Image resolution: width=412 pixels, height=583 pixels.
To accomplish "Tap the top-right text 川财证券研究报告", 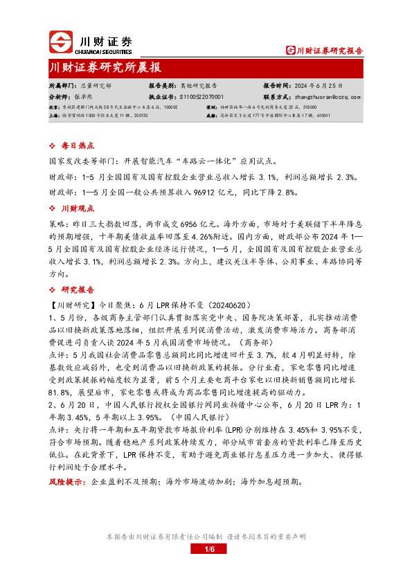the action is tap(329, 51).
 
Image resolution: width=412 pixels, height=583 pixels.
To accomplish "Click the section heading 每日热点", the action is tap(75, 146).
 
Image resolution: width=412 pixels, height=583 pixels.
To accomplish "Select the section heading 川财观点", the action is tap(75, 208).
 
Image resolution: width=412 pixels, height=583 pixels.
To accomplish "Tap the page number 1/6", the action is tap(211, 550).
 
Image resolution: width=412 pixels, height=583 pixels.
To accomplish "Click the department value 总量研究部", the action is tap(96, 86).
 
